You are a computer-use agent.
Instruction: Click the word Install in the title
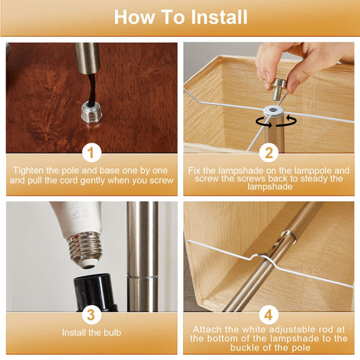click(219, 17)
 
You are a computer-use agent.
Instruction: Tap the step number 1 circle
click(92, 153)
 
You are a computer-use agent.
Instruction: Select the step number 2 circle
click(268, 153)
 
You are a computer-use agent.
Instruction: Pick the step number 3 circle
click(92, 315)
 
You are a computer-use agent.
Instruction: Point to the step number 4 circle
click(268, 315)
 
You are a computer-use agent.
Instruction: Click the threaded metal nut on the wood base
click(92, 113)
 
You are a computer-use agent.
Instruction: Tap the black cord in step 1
click(92, 88)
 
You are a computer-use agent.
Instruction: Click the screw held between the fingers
click(279, 89)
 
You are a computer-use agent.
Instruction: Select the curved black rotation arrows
click(276, 122)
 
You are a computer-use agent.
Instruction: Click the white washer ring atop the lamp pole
click(273, 111)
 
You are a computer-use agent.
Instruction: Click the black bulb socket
click(95, 293)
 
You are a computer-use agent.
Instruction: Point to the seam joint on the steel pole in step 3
click(142, 276)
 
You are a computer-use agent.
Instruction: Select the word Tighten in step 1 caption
click(28, 171)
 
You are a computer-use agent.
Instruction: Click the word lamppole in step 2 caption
click(312, 171)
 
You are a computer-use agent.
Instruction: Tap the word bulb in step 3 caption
click(113, 333)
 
